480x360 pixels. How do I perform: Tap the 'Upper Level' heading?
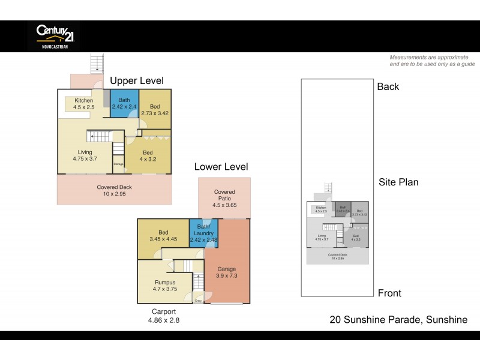(136, 81)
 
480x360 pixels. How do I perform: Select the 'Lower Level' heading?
(221, 167)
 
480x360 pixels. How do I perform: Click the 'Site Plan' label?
(398, 182)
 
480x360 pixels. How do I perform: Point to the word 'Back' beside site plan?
(388, 87)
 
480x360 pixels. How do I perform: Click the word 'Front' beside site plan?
(389, 293)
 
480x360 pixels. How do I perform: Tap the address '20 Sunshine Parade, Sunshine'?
(398, 320)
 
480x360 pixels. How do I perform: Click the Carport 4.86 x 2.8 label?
(164, 316)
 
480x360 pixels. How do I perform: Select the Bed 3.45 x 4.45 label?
(163, 236)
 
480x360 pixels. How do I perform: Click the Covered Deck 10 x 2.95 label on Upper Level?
(114, 190)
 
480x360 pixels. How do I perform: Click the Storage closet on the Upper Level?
(119, 164)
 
